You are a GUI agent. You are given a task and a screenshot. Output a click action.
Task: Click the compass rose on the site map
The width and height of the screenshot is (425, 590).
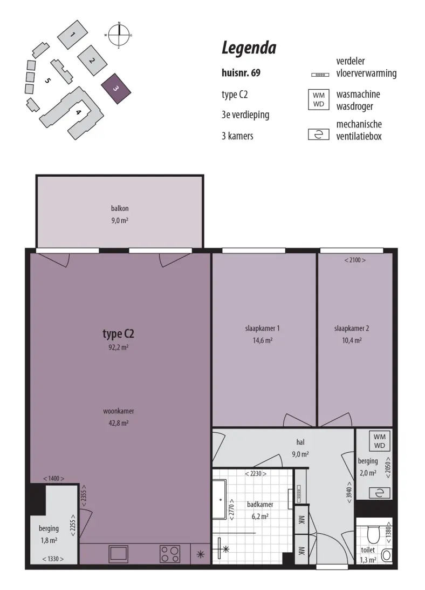point(119,35)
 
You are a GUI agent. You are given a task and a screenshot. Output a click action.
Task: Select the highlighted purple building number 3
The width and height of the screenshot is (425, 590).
point(116,89)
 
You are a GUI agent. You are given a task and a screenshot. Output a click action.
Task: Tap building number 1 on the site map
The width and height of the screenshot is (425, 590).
point(72,35)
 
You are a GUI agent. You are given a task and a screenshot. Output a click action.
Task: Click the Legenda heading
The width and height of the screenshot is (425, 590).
point(249,48)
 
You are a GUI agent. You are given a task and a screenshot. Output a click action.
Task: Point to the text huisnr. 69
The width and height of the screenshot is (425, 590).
point(241,72)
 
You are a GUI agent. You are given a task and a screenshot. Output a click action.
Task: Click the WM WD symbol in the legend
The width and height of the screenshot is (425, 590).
point(319,100)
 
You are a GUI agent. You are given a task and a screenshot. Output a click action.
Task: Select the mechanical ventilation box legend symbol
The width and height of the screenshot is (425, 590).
point(319,135)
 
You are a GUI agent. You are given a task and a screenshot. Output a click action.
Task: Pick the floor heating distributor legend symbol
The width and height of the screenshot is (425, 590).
point(320,75)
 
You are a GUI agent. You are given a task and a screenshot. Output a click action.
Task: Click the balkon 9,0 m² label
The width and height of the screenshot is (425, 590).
point(120,214)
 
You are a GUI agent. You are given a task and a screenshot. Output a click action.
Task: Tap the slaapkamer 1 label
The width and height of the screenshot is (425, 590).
point(262,328)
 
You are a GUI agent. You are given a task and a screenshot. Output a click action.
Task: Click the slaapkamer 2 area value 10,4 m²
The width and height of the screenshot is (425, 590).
point(352,340)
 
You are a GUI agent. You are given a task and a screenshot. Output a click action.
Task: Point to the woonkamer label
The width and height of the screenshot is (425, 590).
point(118,411)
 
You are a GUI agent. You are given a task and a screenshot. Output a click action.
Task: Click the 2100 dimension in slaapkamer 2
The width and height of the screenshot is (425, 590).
point(355,260)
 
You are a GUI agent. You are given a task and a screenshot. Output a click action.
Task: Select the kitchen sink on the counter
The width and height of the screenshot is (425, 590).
point(118,553)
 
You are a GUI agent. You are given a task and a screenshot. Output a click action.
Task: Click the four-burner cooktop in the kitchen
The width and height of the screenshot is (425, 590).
point(170,554)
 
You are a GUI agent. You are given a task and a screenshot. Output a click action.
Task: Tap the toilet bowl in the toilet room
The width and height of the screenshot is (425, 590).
point(373,534)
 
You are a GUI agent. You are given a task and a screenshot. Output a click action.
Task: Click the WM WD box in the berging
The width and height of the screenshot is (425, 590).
point(380,441)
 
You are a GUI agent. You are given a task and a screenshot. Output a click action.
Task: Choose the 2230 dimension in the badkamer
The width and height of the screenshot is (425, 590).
point(256,474)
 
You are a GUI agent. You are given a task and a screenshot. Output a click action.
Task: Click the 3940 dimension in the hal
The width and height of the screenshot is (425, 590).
point(349,492)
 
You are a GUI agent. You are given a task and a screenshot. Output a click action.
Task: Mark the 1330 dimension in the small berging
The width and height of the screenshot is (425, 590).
point(53,559)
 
